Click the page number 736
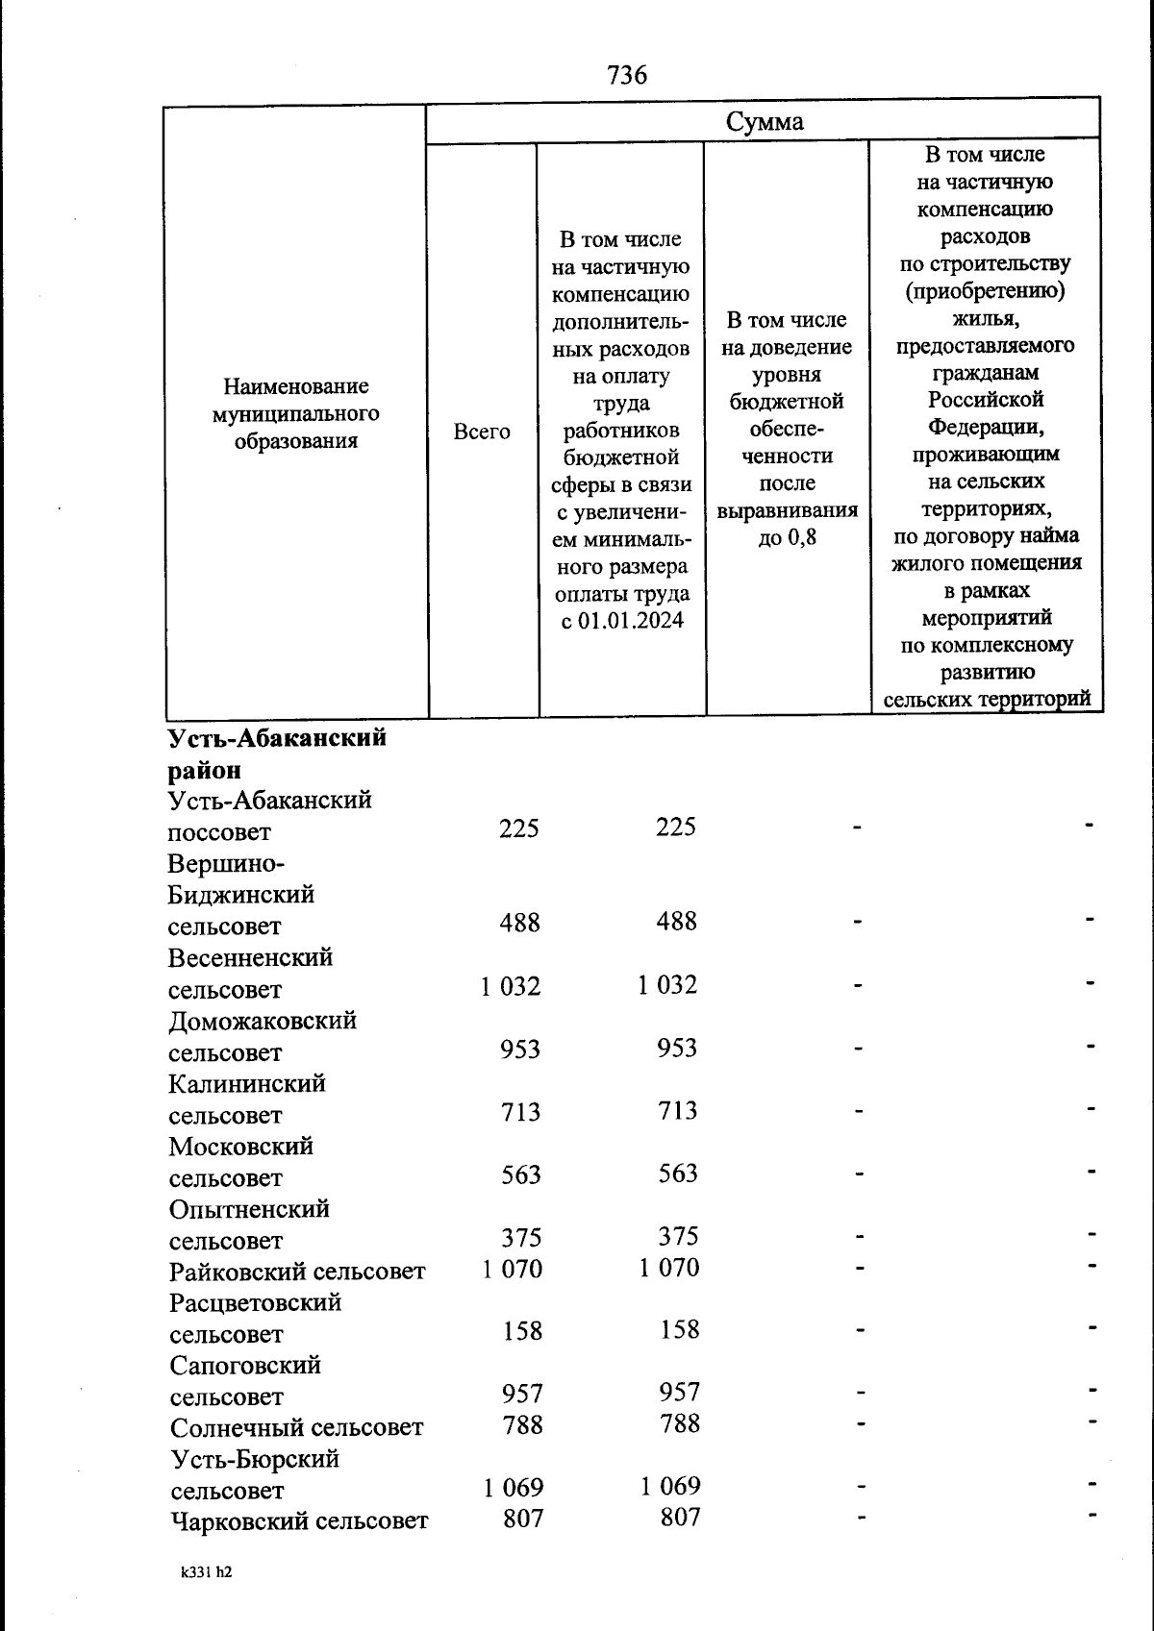click(627, 75)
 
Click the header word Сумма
click(765, 122)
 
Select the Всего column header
click(482, 432)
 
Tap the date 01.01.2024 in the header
click(635, 621)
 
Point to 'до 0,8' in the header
click(787, 537)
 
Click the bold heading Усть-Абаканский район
click(277, 754)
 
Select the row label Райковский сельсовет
click(297, 1272)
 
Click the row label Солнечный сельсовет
click(296, 1428)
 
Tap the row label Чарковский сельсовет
click(299, 1521)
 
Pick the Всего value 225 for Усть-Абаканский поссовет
click(519, 828)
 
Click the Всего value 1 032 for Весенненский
click(511, 986)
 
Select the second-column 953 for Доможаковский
click(677, 1049)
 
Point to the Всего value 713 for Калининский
click(520, 1112)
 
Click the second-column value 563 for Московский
click(678, 1174)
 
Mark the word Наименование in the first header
click(296, 386)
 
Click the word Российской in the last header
click(985, 399)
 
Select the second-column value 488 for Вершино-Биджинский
click(677, 922)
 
